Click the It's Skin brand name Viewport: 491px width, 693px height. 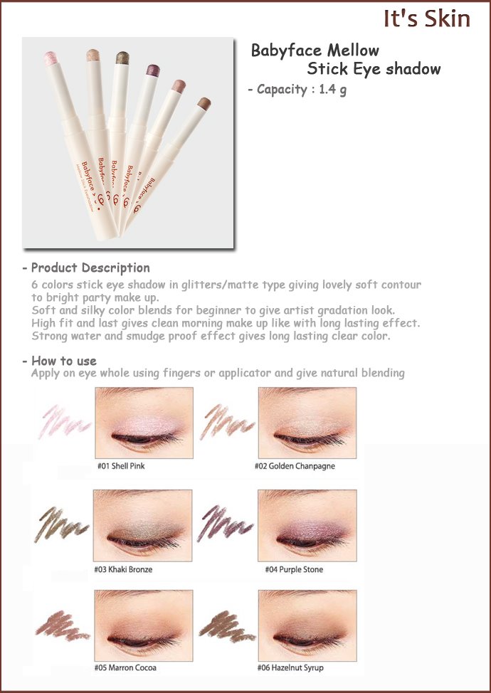426,19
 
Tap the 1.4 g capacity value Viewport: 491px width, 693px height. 333,90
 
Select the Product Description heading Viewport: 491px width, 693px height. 90,268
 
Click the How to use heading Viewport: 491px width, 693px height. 63,361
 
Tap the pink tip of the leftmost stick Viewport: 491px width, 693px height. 51,58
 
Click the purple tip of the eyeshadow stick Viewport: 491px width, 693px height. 153,70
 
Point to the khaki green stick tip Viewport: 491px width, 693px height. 122,58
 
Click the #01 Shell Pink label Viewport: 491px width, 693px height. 121,466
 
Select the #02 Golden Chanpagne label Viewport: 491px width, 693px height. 295,466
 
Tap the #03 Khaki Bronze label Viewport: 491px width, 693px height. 123,570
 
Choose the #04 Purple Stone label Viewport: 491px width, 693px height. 294,570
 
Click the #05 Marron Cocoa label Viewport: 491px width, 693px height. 125,668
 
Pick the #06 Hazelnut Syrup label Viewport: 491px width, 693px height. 290,668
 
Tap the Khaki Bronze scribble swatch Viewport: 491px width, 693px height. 61,524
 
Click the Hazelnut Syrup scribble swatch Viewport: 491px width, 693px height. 227,626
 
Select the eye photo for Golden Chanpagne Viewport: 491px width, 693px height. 307,423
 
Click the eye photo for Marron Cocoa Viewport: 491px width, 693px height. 144,625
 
